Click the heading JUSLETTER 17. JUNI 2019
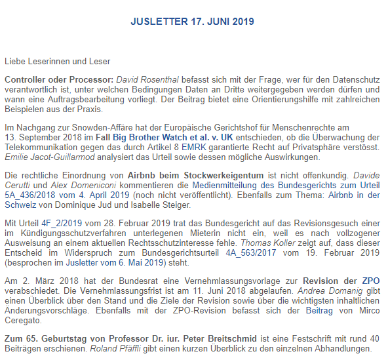tap(192, 21)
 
